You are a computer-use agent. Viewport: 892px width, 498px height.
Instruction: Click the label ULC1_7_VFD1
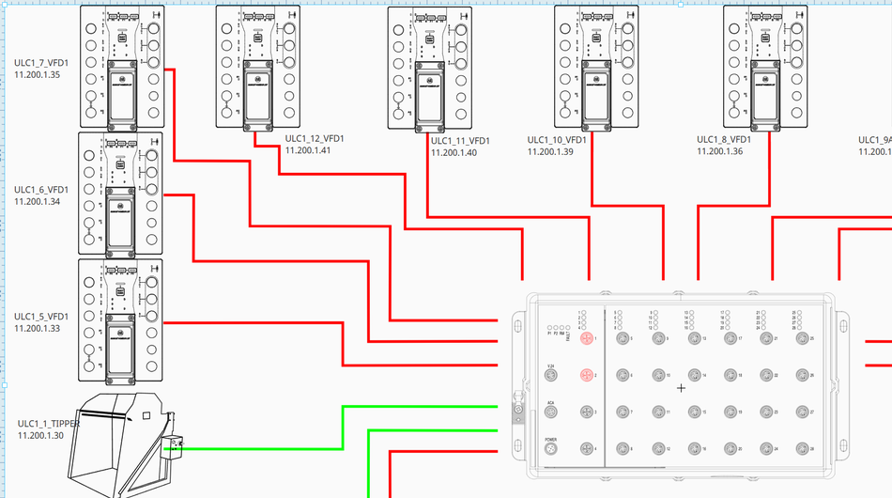pyautogui.click(x=40, y=63)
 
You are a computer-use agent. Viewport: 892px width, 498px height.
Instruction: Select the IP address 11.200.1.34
pyautogui.click(x=38, y=201)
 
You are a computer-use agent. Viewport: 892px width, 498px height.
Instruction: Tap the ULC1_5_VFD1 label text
pyautogui.click(x=40, y=317)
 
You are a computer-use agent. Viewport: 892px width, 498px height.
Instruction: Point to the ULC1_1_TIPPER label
pyautogui.click(x=48, y=424)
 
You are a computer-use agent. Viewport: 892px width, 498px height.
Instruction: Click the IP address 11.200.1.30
pyautogui.click(x=40, y=436)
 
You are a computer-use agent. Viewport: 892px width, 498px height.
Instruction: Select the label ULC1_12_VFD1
pyautogui.click(x=315, y=139)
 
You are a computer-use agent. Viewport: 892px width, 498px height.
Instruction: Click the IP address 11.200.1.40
pyautogui.click(x=454, y=152)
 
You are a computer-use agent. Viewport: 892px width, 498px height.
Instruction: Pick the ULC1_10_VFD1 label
pyautogui.click(x=557, y=140)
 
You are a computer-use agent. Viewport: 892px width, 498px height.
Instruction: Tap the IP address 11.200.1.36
pyautogui.click(x=719, y=151)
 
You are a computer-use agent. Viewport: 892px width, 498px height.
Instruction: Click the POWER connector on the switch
pyautogui.click(x=551, y=449)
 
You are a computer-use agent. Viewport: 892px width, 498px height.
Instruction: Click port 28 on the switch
pyautogui.click(x=801, y=449)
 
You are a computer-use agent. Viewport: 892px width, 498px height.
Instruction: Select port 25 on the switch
pyautogui.click(x=801, y=338)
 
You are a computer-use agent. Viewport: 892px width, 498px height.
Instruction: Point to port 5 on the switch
pyautogui.click(x=621, y=338)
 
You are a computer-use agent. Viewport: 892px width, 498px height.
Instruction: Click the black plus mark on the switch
pyautogui.click(x=682, y=387)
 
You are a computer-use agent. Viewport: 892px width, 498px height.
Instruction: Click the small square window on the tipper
pyautogui.click(x=146, y=414)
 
